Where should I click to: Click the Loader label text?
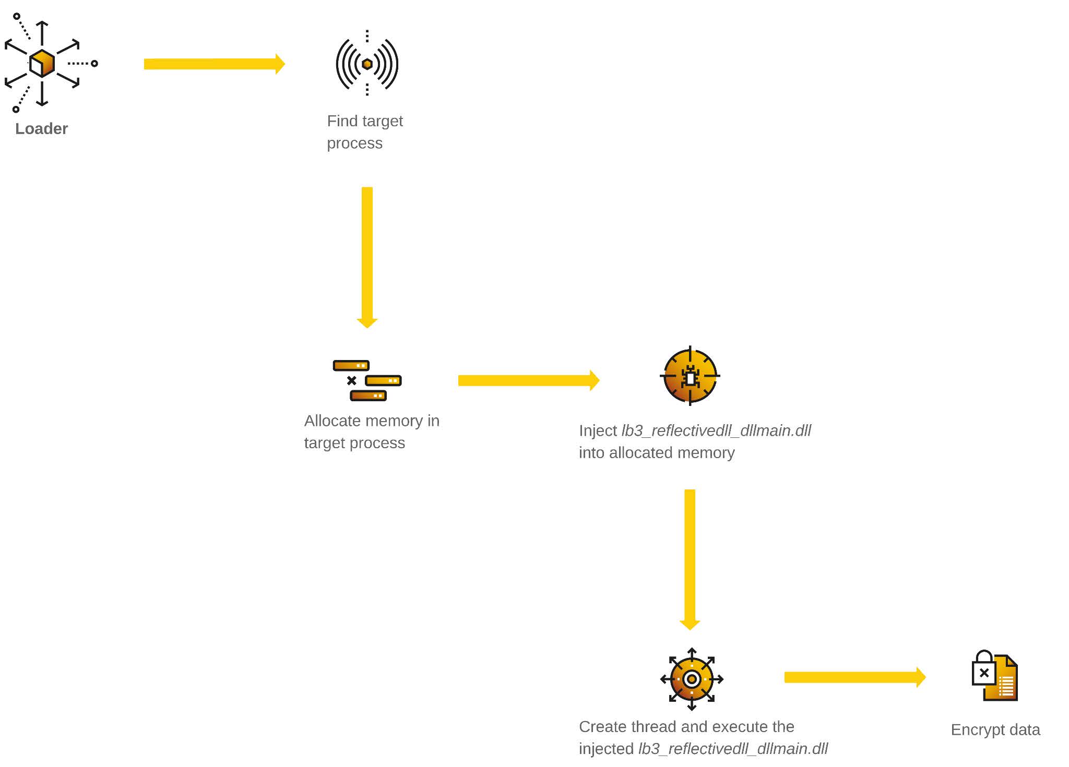point(41,128)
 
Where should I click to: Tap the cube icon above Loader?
point(42,63)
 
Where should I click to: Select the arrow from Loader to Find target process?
point(215,64)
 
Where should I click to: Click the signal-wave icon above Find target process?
point(367,64)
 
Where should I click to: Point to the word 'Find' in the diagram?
point(342,121)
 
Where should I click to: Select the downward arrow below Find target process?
point(367,257)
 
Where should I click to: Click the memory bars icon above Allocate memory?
point(367,380)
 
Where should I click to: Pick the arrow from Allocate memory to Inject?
point(529,380)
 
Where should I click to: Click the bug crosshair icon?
point(690,376)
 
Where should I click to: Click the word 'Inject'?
point(598,431)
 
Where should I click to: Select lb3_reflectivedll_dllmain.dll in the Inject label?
point(716,430)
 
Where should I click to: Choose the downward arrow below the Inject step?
point(690,560)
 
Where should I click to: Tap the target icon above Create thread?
point(692,679)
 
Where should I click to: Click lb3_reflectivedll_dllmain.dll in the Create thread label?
point(733,749)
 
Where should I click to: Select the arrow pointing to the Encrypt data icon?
point(855,677)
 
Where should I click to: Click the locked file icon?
point(994,676)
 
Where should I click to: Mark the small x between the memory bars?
point(352,380)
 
